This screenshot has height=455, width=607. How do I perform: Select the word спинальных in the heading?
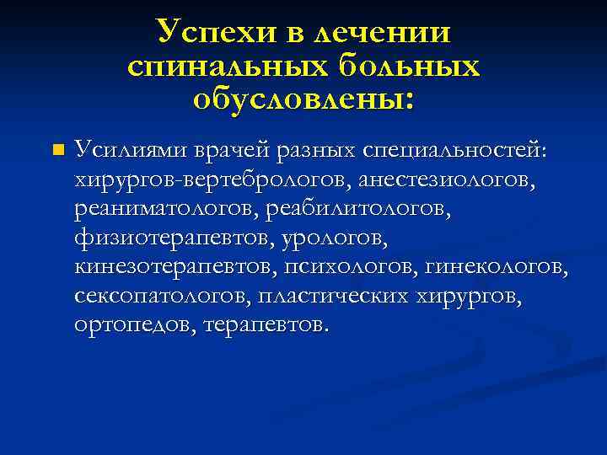click(225, 67)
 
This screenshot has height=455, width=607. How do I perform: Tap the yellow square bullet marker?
click(56, 151)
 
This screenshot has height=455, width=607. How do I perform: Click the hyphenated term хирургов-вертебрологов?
click(212, 179)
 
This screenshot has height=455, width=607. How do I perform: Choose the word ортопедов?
click(132, 325)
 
